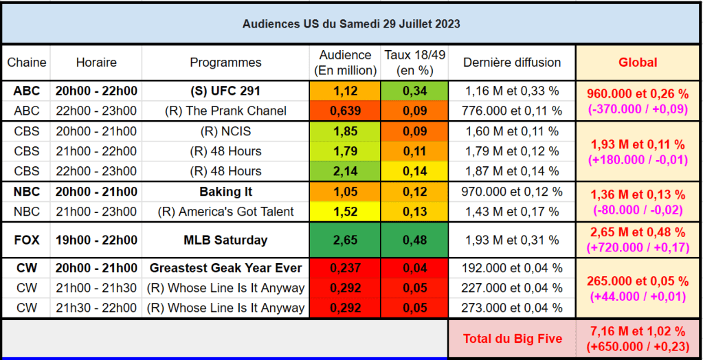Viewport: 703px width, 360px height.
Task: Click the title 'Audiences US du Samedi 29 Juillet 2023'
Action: pyautogui.click(x=351, y=23)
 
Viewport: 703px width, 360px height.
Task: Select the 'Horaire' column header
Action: pyautogui.click(x=96, y=63)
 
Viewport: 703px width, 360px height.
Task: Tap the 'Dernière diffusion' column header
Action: pyautogui.click(x=512, y=63)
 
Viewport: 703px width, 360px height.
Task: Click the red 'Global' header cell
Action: pyautogui.click(x=638, y=63)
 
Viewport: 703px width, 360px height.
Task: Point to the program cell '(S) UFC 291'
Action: pyautogui.click(x=225, y=91)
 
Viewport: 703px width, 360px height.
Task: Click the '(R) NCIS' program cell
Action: pyautogui.click(x=225, y=131)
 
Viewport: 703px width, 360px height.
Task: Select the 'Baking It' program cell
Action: pyautogui.click(x=225, y=192)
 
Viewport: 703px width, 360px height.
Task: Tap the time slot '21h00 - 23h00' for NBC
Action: pyautogui.click(x=96, y=212)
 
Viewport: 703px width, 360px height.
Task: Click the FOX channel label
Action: pyautogui.click(x=27, y=240)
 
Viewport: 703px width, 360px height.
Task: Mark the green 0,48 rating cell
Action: pyautogui.click(x=414, y=240)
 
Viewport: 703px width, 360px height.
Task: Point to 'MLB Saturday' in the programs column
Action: pyautogui.click(x=225, y=240)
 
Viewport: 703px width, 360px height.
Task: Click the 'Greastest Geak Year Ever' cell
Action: pyautogui.click(x=225, y=268)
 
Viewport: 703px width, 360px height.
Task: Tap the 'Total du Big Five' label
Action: pyautogui.click(x=512, y=338)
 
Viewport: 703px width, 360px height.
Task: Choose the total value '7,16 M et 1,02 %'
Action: pyautogui.click(x=638, y=332)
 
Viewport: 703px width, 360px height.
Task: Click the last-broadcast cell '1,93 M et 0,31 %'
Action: pyautogui.click(x=512, y=240)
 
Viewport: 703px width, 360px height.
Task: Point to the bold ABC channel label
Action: pyautogui.click(x=27, y=91)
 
